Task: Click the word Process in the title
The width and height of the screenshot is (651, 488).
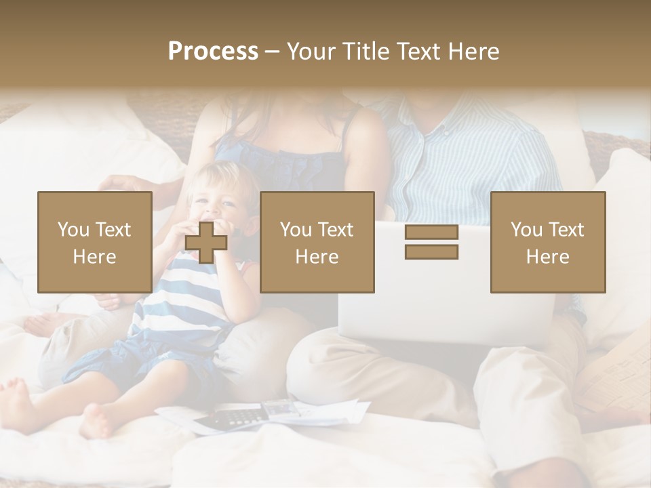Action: coord(213,52)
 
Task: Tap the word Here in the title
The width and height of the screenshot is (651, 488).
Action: coord(473,52)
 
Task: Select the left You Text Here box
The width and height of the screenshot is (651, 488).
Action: coord(95,242)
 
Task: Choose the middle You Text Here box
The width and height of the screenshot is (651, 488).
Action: coord(317,242)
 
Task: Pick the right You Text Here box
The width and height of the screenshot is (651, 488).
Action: coord(548,242)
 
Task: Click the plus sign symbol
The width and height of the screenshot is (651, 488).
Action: coord(205,242)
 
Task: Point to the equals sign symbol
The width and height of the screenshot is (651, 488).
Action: coord(431,242)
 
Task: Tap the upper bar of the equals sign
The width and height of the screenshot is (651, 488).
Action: coord(431,232)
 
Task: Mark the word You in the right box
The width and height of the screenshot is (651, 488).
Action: coord(526,230)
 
